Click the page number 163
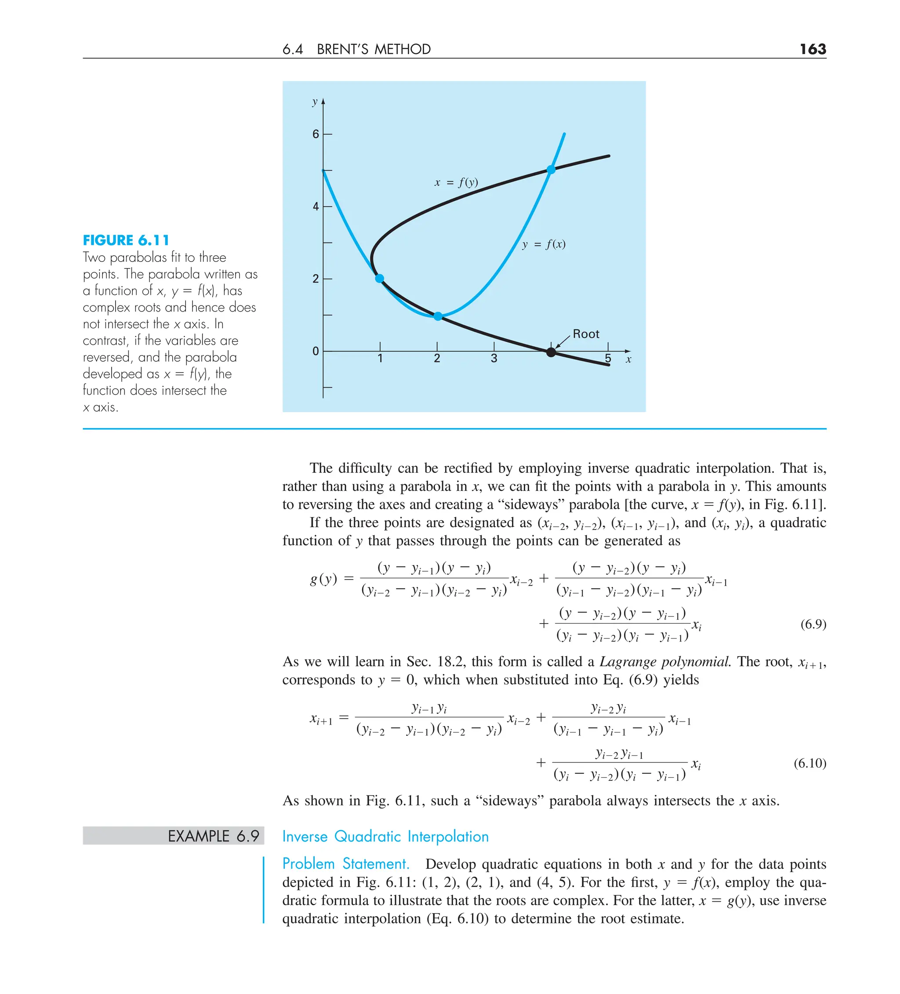click(812, 49)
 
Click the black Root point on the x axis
click(551, 352)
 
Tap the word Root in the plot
click(585, 334)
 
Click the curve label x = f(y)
click(456, 183)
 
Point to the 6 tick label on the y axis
click(316, 134)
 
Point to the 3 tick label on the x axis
click(494, 359)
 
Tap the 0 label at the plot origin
click(316, 352)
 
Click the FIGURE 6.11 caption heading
click(126, 241)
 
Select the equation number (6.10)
click(809, 764)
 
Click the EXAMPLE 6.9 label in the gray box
click(213, 836)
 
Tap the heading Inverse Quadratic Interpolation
click(385, 837)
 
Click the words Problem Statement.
click(346, 864)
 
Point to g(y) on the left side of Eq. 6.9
click(323, 578)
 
